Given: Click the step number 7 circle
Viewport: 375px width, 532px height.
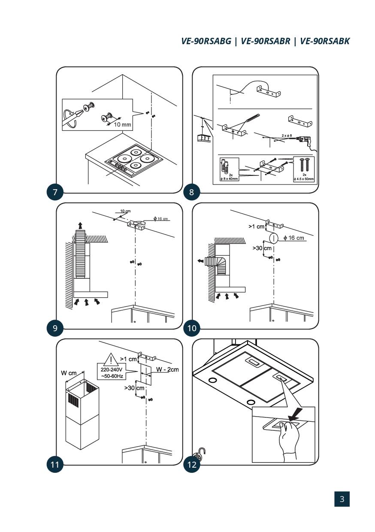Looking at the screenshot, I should pos(55,192).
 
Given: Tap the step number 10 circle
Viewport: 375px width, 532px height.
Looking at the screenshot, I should pos(191,328).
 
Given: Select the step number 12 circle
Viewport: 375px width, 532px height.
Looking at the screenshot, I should pos(191,465).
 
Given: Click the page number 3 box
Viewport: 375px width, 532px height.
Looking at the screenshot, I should pos(342,499).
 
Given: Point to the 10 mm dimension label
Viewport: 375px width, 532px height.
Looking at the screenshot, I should pos(122,124).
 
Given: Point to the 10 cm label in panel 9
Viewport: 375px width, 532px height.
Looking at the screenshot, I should pos(125,211).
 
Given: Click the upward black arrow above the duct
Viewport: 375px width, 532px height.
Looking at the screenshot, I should pos(80,225).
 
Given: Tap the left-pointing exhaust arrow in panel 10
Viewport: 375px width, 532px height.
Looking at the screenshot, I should pos(199,260).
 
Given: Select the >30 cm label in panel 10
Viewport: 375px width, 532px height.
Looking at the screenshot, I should pos(262,248).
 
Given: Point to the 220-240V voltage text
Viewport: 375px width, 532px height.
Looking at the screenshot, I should pos(111,369).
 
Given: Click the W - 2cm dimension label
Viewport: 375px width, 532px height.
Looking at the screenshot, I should pos(167,369).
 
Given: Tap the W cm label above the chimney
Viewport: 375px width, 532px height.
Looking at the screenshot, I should pos(69,373).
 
